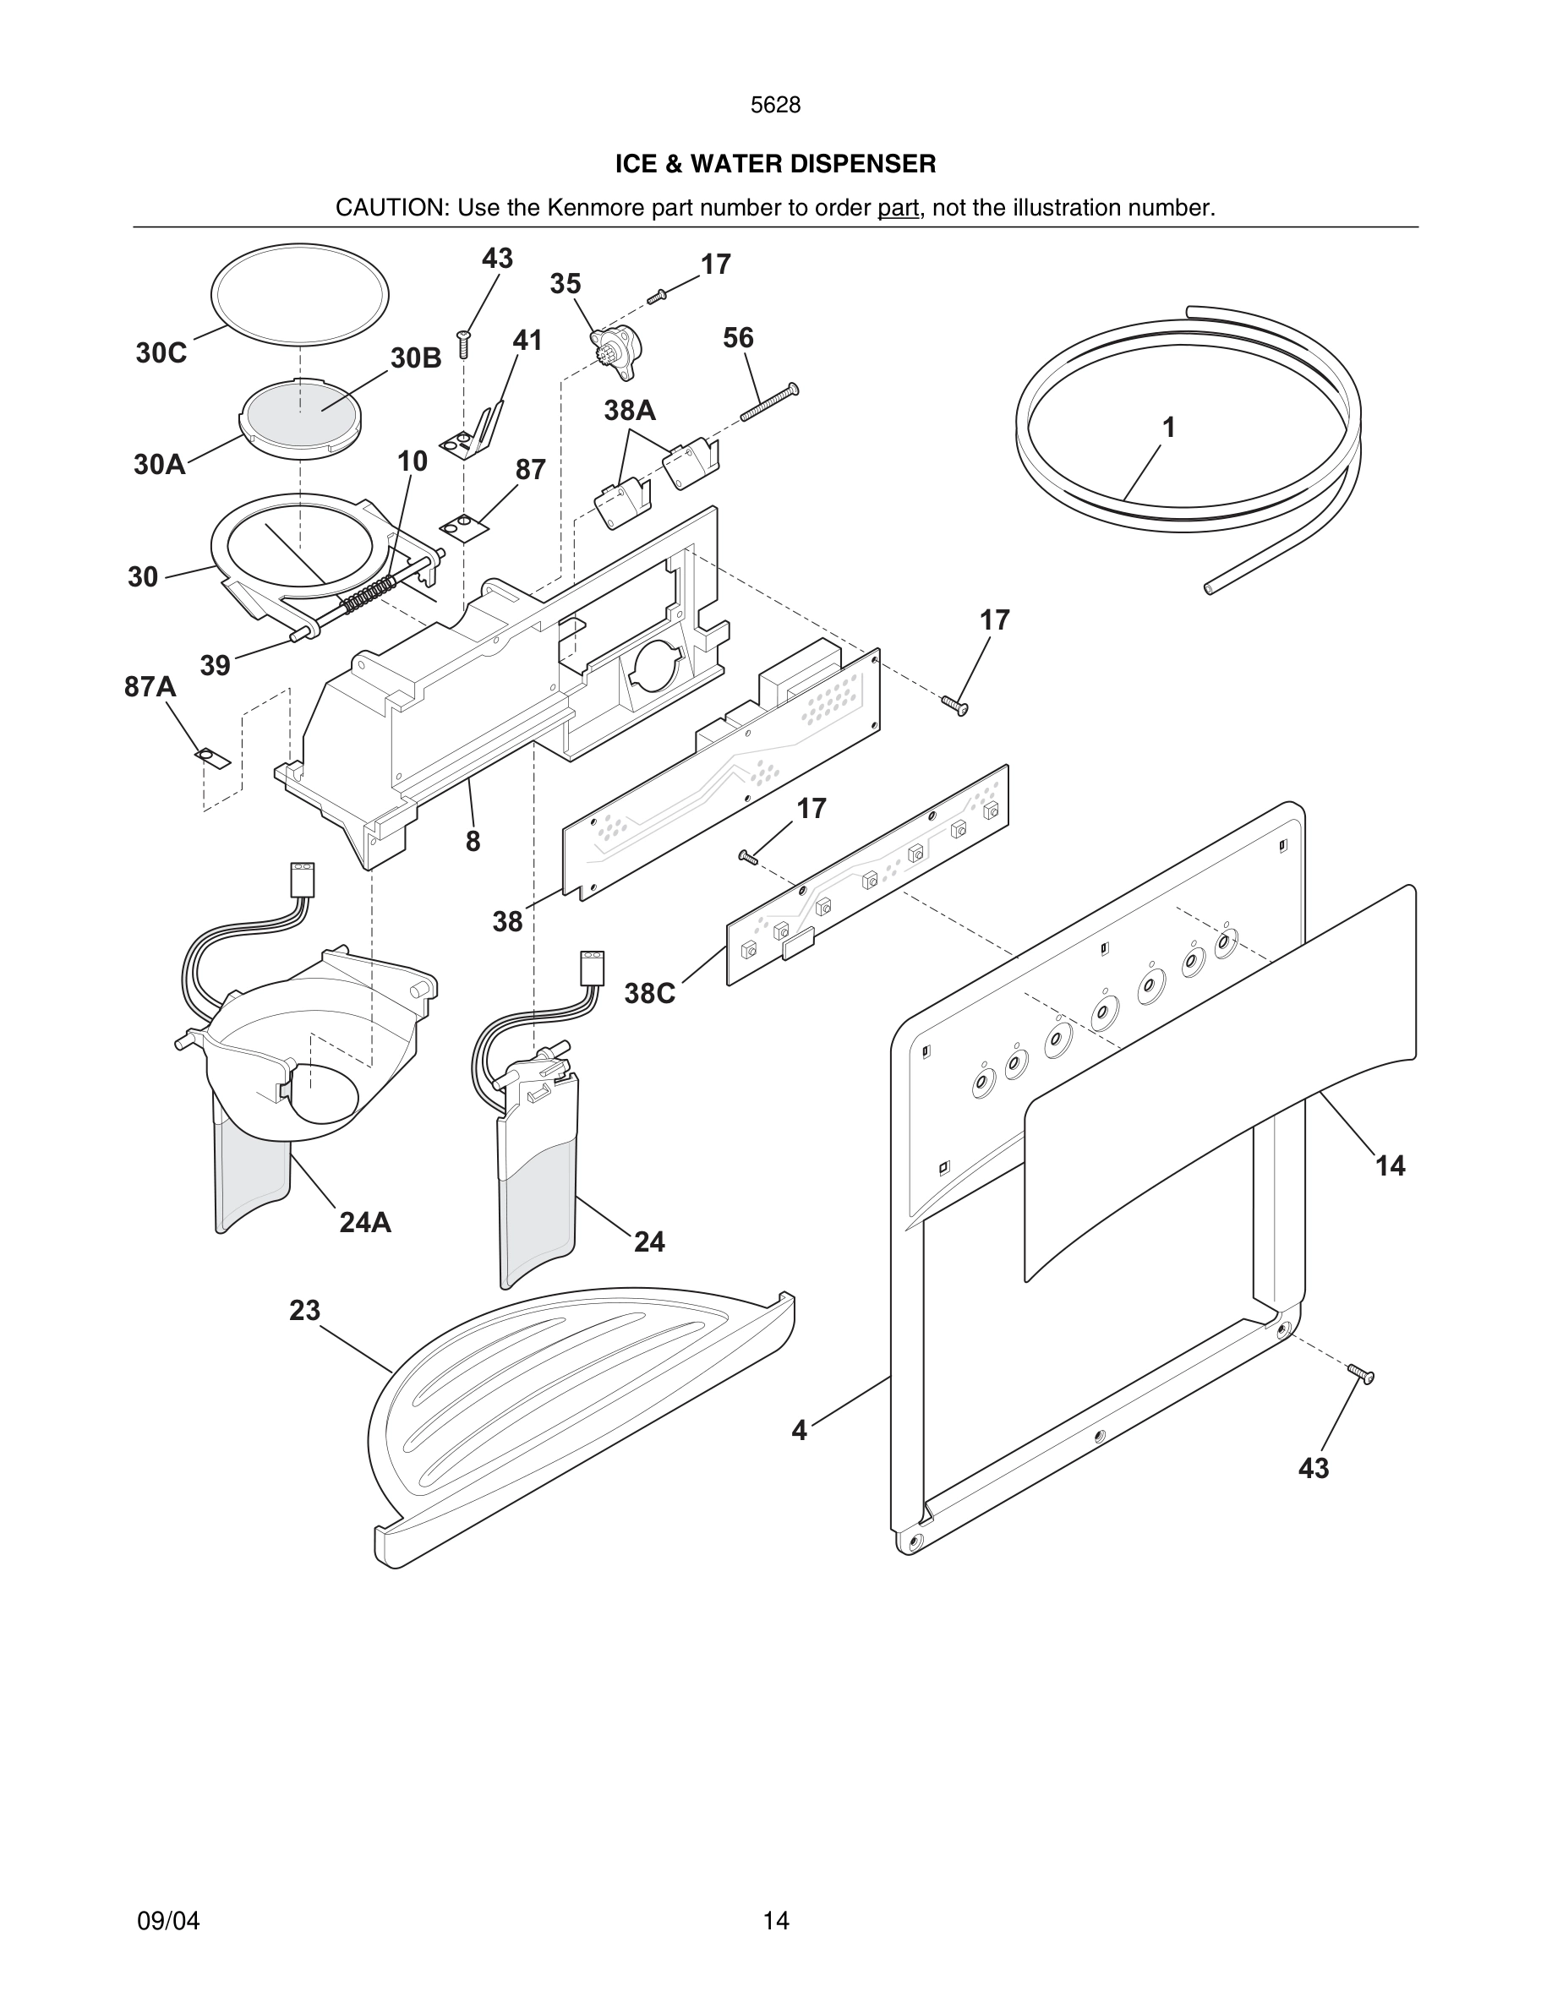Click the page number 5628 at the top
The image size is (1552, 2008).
(x=775, y=106)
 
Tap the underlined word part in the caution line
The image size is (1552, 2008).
(x=898, y=208)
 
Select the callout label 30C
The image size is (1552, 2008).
(x=161, y=353)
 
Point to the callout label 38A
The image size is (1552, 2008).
(x=630, y=411)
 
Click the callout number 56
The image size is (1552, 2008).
(x=738, y=338)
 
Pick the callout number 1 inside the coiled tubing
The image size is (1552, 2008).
(x=1168, y=428)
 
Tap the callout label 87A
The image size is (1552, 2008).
(x=150, y=687)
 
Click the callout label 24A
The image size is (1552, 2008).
(x=365, y=1222)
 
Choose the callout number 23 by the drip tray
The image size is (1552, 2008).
(x=304, y=1310)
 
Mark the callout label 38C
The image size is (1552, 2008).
(x=650, y=993)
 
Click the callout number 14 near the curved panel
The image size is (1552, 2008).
(x=1389, y=1165)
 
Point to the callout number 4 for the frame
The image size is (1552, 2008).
(x=799, y=1431)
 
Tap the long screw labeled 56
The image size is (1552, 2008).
(x=768, y=403)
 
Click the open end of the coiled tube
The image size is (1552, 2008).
(x=1209, y=587)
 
